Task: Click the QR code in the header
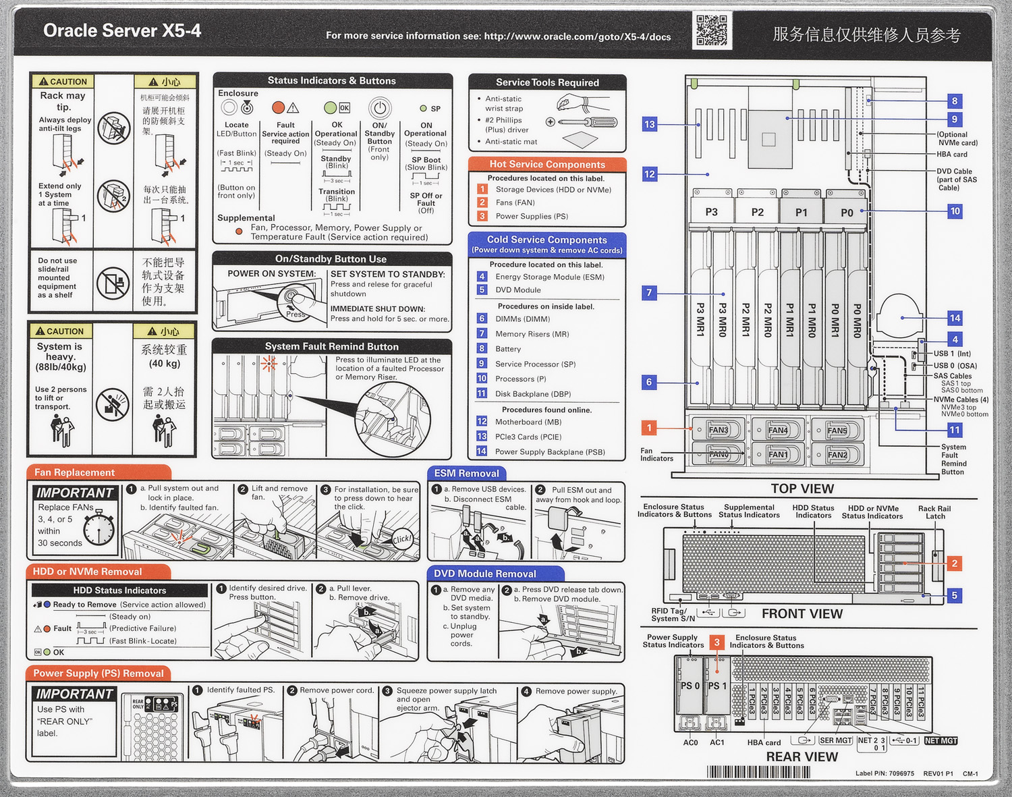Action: point(711,30)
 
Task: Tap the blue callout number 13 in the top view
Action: point(649,124)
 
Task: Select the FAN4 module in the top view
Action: point(777,431)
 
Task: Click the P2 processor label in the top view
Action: point(758,212)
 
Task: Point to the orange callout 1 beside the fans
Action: point(649,428)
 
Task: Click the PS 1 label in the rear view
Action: point(716,686)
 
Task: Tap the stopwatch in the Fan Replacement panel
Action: point(99,527)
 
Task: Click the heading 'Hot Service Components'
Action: point(547,164)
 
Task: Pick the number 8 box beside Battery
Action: point(482,349)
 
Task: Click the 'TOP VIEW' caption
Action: point(802,489)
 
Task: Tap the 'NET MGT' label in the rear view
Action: point(940,741)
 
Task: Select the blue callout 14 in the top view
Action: point(955,318)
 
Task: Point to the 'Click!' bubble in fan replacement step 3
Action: point(402,539)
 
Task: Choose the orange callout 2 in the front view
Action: point(954,563)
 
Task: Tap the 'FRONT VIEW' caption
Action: point(802,613)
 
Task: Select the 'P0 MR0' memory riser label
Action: point(857,321)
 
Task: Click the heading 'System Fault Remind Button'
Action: point(331,346)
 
